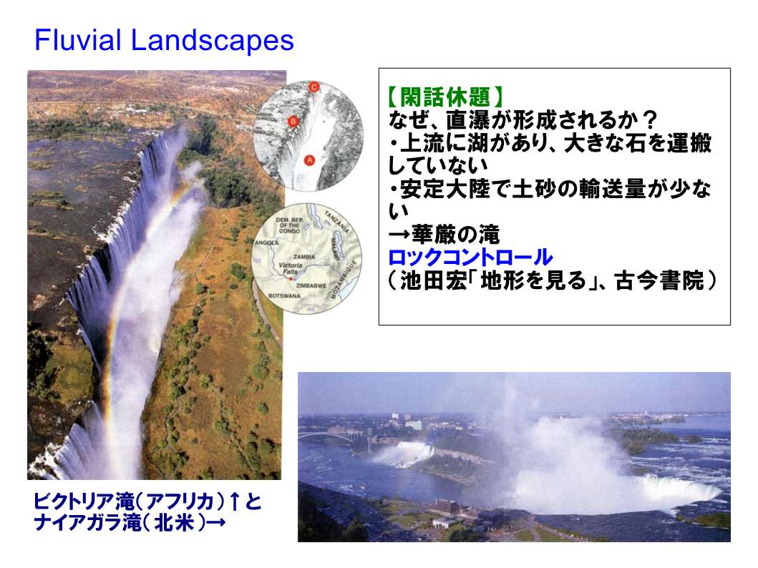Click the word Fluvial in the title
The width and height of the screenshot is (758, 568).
pyautogui.click(x=77, y=39)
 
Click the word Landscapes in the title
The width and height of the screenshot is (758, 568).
pyautogui.click(x=212, y=39)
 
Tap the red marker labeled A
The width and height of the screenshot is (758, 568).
pyautogui.click(x=309, y=160)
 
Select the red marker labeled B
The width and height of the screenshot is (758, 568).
pyautogui.click(x=293, y=121)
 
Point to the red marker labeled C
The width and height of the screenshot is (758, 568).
pyautogui.click(x=314, y=87)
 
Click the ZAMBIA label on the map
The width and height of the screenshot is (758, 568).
pyautogui.click(x=304, y=257)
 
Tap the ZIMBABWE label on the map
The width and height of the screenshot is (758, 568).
pyautogui.click(x=311, y=285)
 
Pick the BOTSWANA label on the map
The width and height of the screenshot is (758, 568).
pyautogui.click(x=284, y=295)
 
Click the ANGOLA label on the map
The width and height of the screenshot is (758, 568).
pyautogui.click(x=267, y=243)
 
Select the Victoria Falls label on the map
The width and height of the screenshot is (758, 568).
pyautogui.click(x=290, y=268)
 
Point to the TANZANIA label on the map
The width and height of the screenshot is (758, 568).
pyautogui.click(x=337, y=222)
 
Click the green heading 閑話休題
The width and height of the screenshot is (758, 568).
pyautogui.click(x=445, y=97)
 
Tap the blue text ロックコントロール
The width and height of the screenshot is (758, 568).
pyautogui.click(x=470, y=258)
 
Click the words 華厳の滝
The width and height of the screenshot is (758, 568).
pyautogui.click(x=455, y=235)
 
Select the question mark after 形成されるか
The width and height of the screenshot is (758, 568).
pyautogui.click(x=651, y=119)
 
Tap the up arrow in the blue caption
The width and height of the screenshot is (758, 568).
pyautogui.click(x=235, y=502)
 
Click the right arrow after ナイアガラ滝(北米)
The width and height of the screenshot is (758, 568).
pyautogui.click(x=216, y=524)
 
